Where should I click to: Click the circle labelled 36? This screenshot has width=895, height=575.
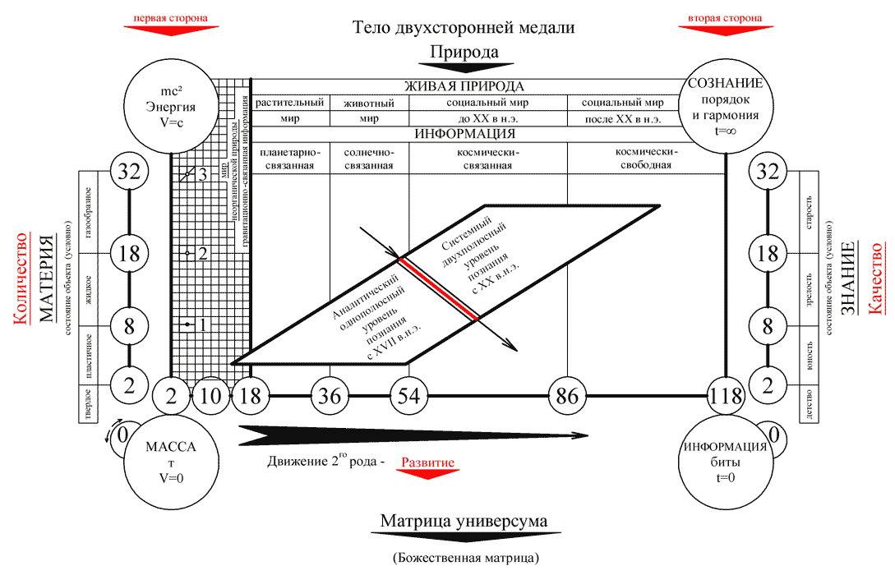pos(330,396)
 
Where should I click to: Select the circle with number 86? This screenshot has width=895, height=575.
pos(567,396)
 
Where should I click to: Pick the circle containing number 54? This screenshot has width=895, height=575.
pos(408,396)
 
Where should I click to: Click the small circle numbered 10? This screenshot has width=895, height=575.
pos(210,396)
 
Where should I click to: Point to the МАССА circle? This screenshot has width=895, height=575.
pos(171,456)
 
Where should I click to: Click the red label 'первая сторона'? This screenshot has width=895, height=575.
pos(170,18)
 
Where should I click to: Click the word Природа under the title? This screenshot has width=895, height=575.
pos(464,52)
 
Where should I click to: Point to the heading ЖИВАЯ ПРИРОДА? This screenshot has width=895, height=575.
pos(465,86)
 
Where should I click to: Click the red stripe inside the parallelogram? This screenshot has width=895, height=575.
pos(439,289)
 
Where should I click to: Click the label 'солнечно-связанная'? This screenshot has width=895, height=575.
pos(369,159)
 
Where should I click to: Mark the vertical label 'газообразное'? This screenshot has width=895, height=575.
pos(87,213)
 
